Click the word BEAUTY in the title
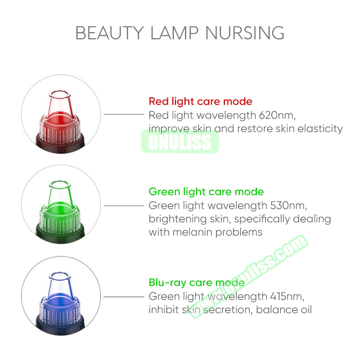pyautogui.click(x=110, y=33)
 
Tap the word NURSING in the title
pyautogui.click(x=245, y=33)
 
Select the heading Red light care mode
pyautogui.click(x=200, y=101)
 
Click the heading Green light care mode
pyautogui.click(x=206, y=192)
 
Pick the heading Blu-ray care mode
pyautogui.click(x=197, y=282)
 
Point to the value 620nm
pyautogui.click(x=277, y=115)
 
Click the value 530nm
pyautogui.click(x=289, y=205)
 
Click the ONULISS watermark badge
pyautogui.click(x=180, y=142)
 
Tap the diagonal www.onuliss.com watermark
pyautogui.click(x=249, y=276)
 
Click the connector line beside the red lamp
pyautogui.click(x=124, y=114)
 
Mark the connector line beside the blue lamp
pyautogui.click(x=124, y=297)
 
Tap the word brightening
pyautogui.click(x=178, y=219)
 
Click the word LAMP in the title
pyautogui.click(x=174, y=33)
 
